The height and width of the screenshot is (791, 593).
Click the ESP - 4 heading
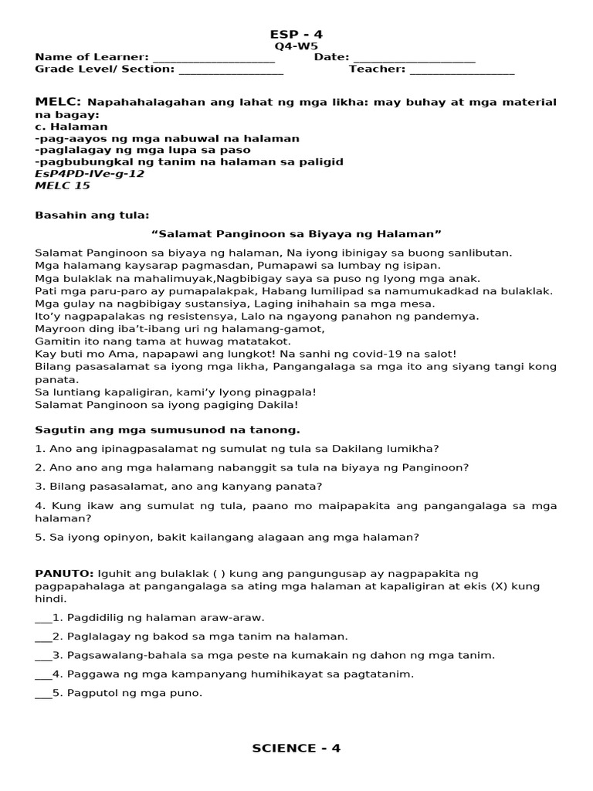(x=296, y=34)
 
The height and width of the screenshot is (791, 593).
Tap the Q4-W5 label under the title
(x=296, y=46)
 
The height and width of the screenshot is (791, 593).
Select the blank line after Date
(x=415, y=58)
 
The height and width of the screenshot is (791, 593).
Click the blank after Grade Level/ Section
(x=231, y=70)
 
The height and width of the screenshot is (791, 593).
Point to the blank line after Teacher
(x=462, y=70)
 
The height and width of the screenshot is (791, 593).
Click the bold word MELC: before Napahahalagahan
(x=59, y=102)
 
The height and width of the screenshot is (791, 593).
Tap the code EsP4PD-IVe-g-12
(x=90, y=174)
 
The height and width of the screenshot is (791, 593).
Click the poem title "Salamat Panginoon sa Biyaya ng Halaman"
(x=296, y=233)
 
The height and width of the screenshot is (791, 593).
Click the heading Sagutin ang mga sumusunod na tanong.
(x=168, y=429)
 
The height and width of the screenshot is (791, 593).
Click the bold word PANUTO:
(x=64, y=573)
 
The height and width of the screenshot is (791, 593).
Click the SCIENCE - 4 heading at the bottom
(x=296, y=748)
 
